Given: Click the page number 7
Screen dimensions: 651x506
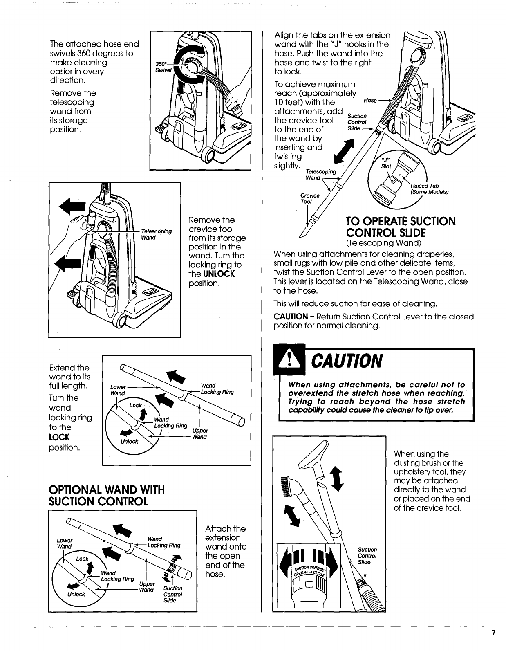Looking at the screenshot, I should [x=493, y=633].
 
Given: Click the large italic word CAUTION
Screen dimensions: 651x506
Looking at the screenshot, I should [x=347, y=360].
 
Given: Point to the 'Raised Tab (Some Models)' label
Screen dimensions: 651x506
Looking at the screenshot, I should [x=429, y=189].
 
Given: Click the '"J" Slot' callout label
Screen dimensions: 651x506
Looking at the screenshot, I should [x=386, y=163].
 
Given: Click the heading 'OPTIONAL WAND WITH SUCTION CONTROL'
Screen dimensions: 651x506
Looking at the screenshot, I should [x=106, y=495].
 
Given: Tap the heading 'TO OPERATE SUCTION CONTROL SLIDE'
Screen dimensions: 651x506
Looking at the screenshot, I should [x=400, y=227].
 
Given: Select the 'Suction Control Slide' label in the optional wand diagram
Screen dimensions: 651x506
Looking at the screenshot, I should [x=172, y=594].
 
